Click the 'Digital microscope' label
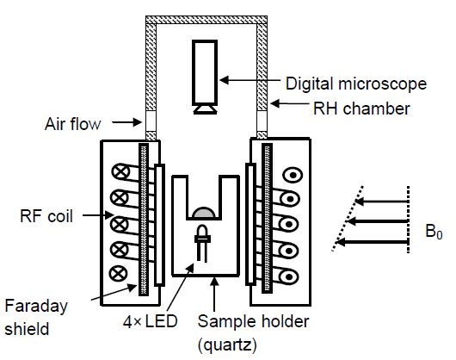(356, 84)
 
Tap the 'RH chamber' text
(361, 109)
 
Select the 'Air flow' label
(73, 124)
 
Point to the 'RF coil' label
(46, 216)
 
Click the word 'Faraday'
(36, 307)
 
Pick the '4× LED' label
(150, 321)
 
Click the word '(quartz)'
(227, 345)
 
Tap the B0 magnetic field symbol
(434, 232)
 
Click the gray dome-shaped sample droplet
(204, 213)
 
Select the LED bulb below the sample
(202, 242)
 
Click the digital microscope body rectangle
(205, 72)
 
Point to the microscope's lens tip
(205, 109)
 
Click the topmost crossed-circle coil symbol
(120, 171)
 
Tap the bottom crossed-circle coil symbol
(119, 274)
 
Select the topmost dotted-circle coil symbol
(293, 175)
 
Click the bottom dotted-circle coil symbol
(288, 276)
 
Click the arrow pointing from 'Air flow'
(126, 122)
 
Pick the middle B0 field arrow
(378, 221)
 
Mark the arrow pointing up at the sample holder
(214, 294)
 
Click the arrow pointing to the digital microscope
(250, 80)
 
